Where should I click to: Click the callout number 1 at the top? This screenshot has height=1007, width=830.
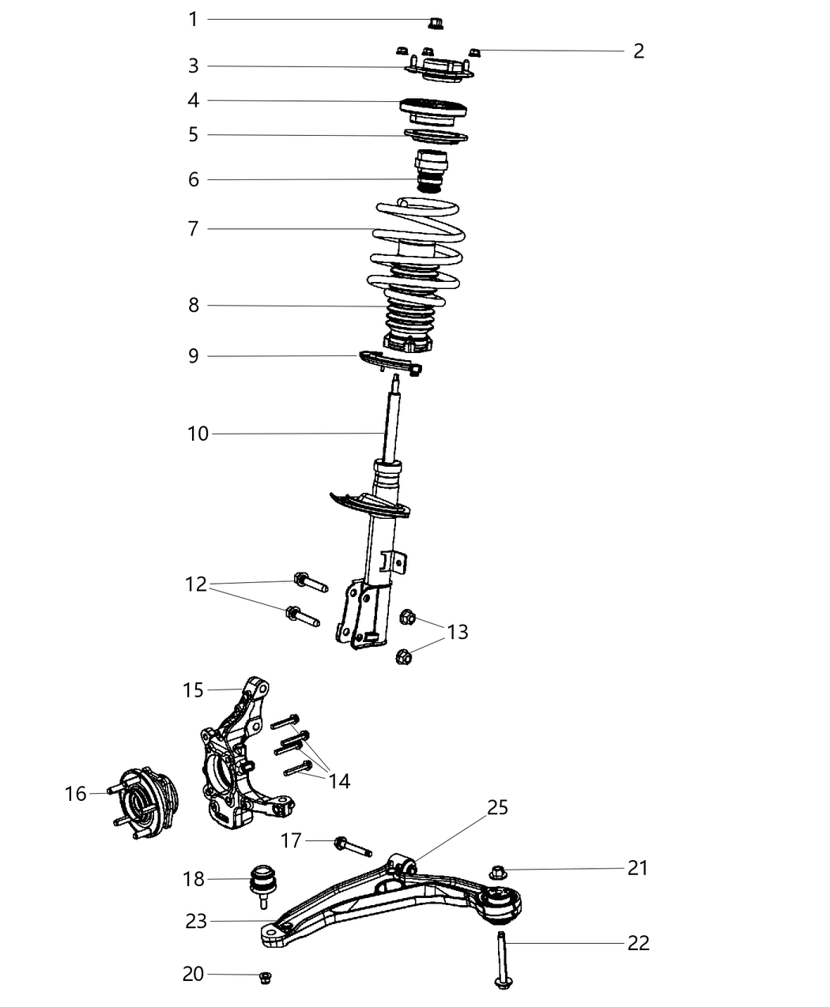(193, 19)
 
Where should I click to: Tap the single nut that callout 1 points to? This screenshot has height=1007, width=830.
(434, 21)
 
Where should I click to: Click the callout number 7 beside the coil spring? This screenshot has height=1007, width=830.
(193, 229)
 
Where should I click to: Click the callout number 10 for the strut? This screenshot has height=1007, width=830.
(198, 434)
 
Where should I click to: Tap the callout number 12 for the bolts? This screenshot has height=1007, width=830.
(195, 584)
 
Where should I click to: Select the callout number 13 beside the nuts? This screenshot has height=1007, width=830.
(457, 632)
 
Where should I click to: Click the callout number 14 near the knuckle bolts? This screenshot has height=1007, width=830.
(339, 781)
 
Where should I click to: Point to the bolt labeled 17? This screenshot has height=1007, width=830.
(353, 847)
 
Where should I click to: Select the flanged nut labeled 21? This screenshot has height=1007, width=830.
(497, 873)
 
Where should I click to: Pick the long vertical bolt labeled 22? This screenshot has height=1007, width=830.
(502, 960)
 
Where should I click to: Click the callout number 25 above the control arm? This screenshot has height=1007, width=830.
(497, 807)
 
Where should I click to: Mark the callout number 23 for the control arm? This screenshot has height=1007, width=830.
(196, 921)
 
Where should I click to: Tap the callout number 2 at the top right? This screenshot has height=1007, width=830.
(639, 51)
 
